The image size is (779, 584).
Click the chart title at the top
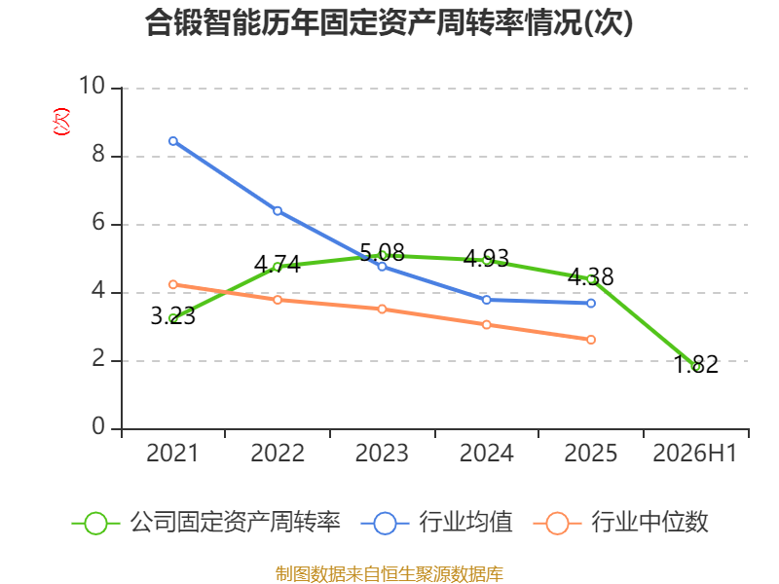pyautogui.click(x=389, y=22)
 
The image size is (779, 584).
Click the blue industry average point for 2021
pyautogui.click(x=173, y=141)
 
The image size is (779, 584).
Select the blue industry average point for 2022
pyautogui.click(x=278, y=211)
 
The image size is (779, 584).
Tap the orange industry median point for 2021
pyautogui.click(x=173, y=284)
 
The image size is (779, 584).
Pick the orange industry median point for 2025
pyautogui.click(x=591, y=340)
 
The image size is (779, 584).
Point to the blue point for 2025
pyautogui.click(x=591, y=303)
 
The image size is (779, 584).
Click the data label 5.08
pyautogui.click(x=382, y=253)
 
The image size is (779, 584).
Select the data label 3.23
pyautogui.click(x=173, y=316)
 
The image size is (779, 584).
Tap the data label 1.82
pyautogui.click(x=695, y=364)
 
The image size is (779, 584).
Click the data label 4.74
pyautogui.click(x=278, y=264)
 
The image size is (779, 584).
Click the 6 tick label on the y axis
pyautogui.click(x=98, y=222)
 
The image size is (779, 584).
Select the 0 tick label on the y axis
pyautogui.click(x=98, y=426)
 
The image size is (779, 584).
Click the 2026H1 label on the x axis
pyautogui.click(x=694, y=454)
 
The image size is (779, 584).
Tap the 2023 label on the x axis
pyautogui.click(x=382, y=454)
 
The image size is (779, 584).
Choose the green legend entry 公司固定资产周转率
pyautogui.click(x=206, y=523)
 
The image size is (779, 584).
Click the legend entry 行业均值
pyautogui.click(x=436, y=523)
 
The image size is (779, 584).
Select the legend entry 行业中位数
pyautogui.click(x=620, y=523)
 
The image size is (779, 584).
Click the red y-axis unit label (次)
pyautogui.click(x=61, y=122)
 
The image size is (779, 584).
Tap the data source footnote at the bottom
pyautogui.click(x=389, y=574)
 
